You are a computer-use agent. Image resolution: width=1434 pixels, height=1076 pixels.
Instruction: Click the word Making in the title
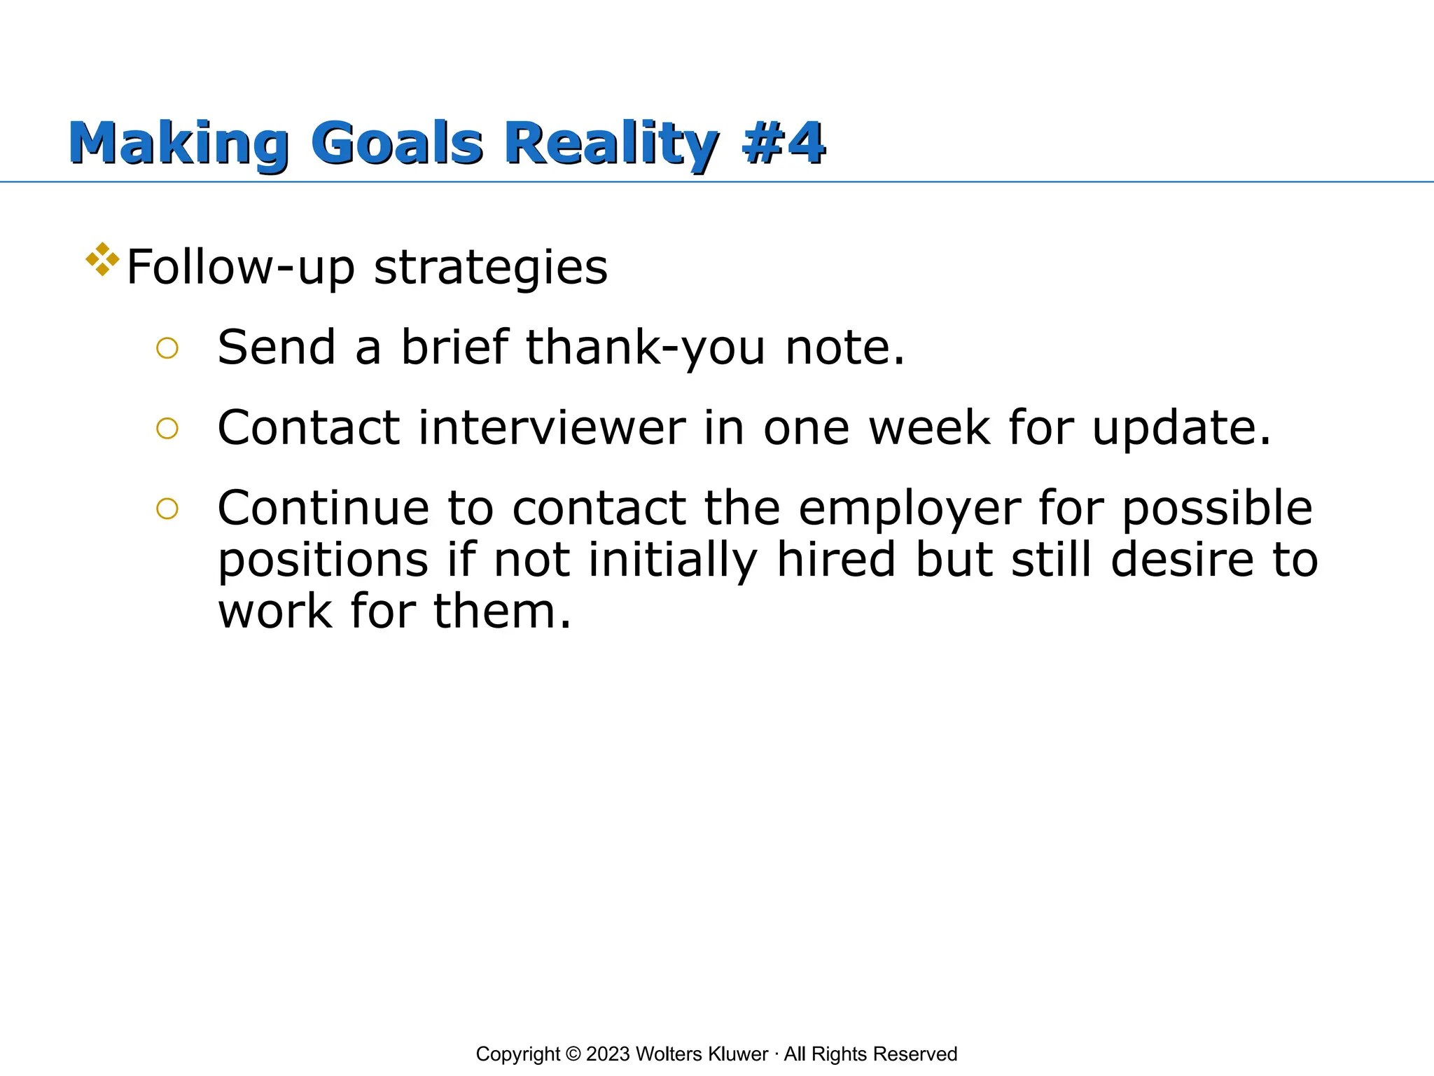178,144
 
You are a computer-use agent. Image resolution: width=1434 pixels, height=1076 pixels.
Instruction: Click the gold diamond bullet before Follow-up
102,259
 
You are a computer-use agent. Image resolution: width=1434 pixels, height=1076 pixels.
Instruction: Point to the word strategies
490,268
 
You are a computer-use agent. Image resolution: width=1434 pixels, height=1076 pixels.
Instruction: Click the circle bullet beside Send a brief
167,348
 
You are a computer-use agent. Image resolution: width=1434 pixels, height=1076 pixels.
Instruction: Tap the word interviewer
552,428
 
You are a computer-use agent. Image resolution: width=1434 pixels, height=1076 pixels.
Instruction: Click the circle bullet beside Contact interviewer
167,428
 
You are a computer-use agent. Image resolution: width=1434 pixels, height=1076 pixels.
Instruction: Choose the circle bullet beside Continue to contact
167,509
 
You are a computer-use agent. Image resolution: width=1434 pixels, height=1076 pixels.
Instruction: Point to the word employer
909,510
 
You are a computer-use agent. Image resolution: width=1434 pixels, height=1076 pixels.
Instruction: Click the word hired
836,560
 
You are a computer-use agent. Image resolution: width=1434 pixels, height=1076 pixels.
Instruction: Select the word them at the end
501,612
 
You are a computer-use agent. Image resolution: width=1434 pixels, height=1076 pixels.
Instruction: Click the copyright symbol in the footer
573,1054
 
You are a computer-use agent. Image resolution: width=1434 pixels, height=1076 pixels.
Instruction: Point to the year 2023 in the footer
608,1054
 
